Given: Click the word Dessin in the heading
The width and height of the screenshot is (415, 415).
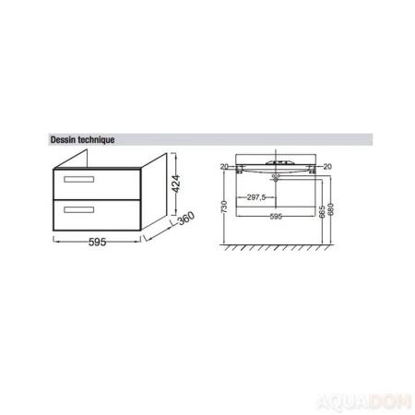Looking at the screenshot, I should tap(62, 141).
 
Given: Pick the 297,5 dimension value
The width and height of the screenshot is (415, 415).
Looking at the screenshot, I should tap(255, 197).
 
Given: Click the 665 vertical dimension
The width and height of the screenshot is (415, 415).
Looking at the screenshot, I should tap(319, 212).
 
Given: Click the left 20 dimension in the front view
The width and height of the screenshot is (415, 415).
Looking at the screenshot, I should tap(224, 167).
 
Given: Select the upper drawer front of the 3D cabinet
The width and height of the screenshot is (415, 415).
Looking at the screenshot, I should tap(95, 181).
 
